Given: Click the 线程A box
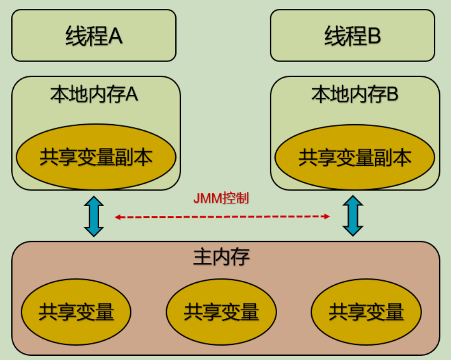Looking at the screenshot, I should coord(94,36).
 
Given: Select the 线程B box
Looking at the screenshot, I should coord(352,36).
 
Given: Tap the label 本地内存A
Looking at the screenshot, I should coord(94,94).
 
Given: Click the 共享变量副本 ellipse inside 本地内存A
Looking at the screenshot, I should coord(96,157).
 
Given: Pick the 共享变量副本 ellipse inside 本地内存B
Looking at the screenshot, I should coord(355,157).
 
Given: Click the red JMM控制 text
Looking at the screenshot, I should coord(221,198).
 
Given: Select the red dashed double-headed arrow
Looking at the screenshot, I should coord(222,217).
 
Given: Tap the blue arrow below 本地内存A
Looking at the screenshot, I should coord(94,216).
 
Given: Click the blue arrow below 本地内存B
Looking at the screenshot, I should coord(352,216).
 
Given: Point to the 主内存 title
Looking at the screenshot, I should coord(221,257).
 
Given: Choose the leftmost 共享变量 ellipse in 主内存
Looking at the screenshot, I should coord(76,312).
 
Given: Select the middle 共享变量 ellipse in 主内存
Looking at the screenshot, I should coord(221,312).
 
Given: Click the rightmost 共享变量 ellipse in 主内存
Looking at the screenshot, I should coord(366,312).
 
